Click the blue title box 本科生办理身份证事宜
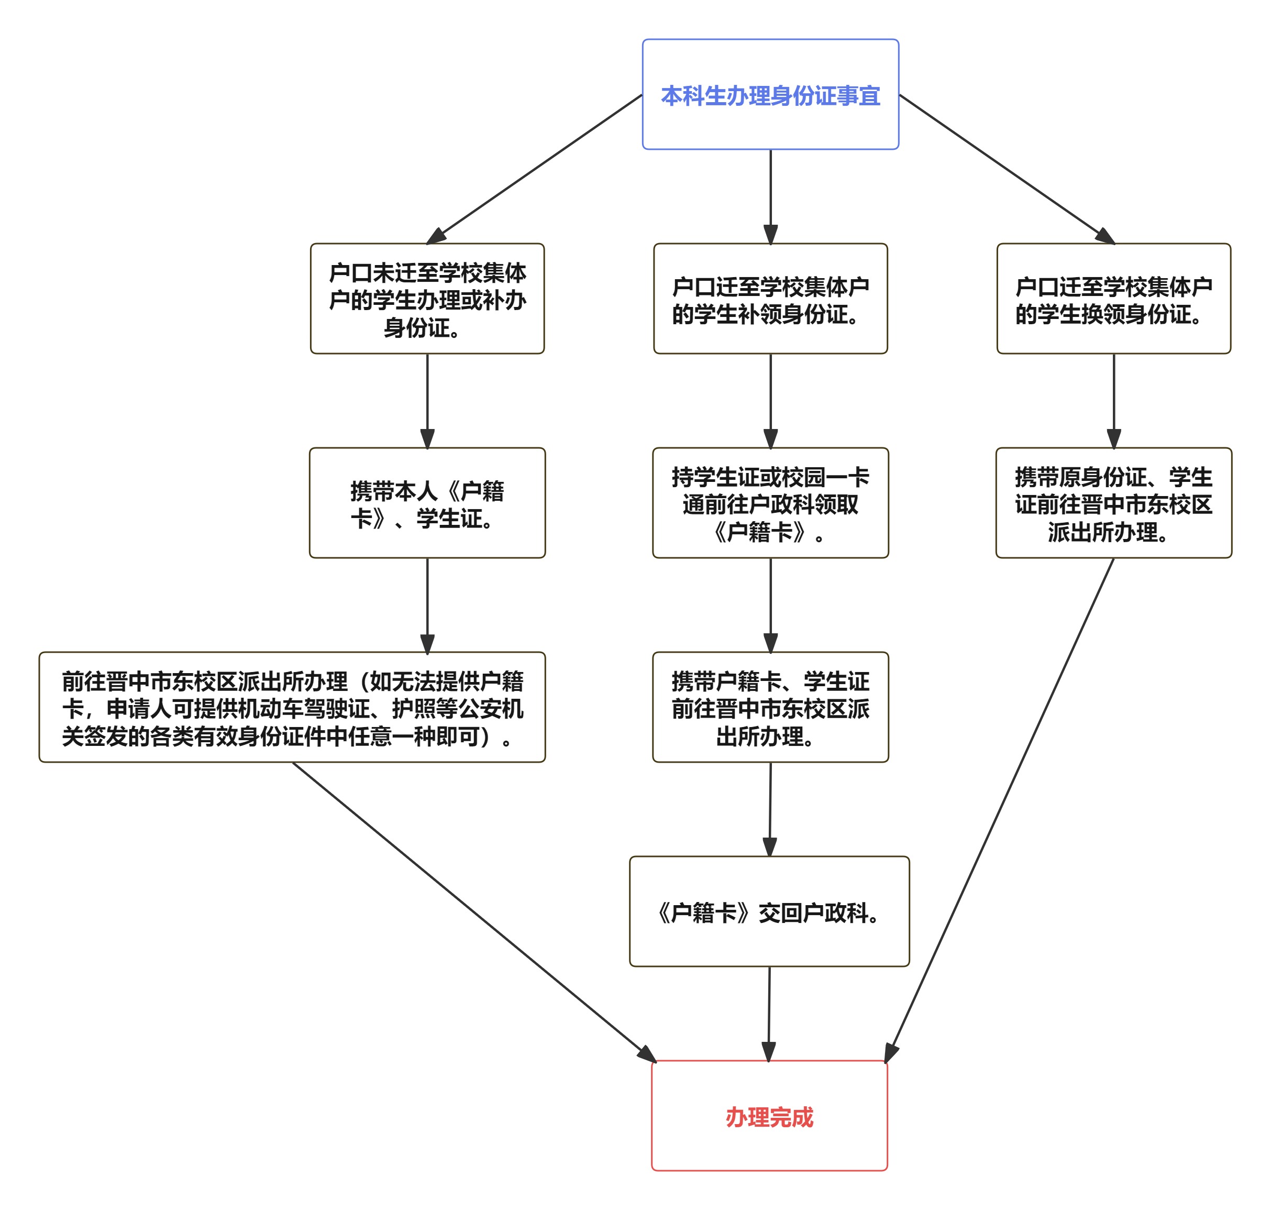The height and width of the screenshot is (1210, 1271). tap(770, 94)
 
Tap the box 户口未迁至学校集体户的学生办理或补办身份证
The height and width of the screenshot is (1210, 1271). tap(427, 299)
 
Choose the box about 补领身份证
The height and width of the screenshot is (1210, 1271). tap(770, 299)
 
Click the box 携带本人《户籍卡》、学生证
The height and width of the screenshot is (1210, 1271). tap(427, 503)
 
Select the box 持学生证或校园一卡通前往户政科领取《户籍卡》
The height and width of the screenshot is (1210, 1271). tap(770, 503)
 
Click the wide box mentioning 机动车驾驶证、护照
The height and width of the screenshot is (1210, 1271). tap(292, 707)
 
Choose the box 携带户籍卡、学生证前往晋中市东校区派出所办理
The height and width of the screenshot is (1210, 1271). tap(770, 707)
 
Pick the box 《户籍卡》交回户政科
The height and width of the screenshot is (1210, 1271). tap(769, 911)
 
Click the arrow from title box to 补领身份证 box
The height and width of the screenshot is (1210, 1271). tap(770, 193)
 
